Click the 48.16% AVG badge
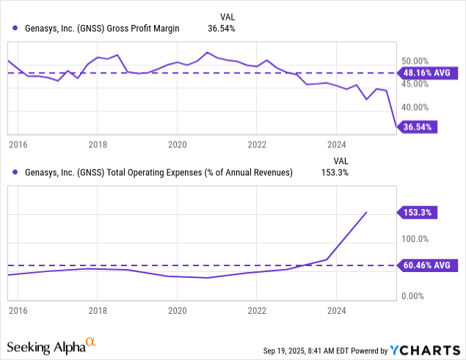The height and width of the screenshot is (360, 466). click(427, 73)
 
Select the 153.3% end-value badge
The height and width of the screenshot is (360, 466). click(415, 213)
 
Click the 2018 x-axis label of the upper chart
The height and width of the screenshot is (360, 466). click(98, 144)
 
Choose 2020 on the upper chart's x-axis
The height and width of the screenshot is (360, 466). click(177, 144)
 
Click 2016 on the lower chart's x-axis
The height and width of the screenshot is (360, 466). click(18, 310)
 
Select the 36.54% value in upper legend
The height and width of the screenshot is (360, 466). click(222, 29)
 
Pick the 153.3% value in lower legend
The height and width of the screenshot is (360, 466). click(335, 172)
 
